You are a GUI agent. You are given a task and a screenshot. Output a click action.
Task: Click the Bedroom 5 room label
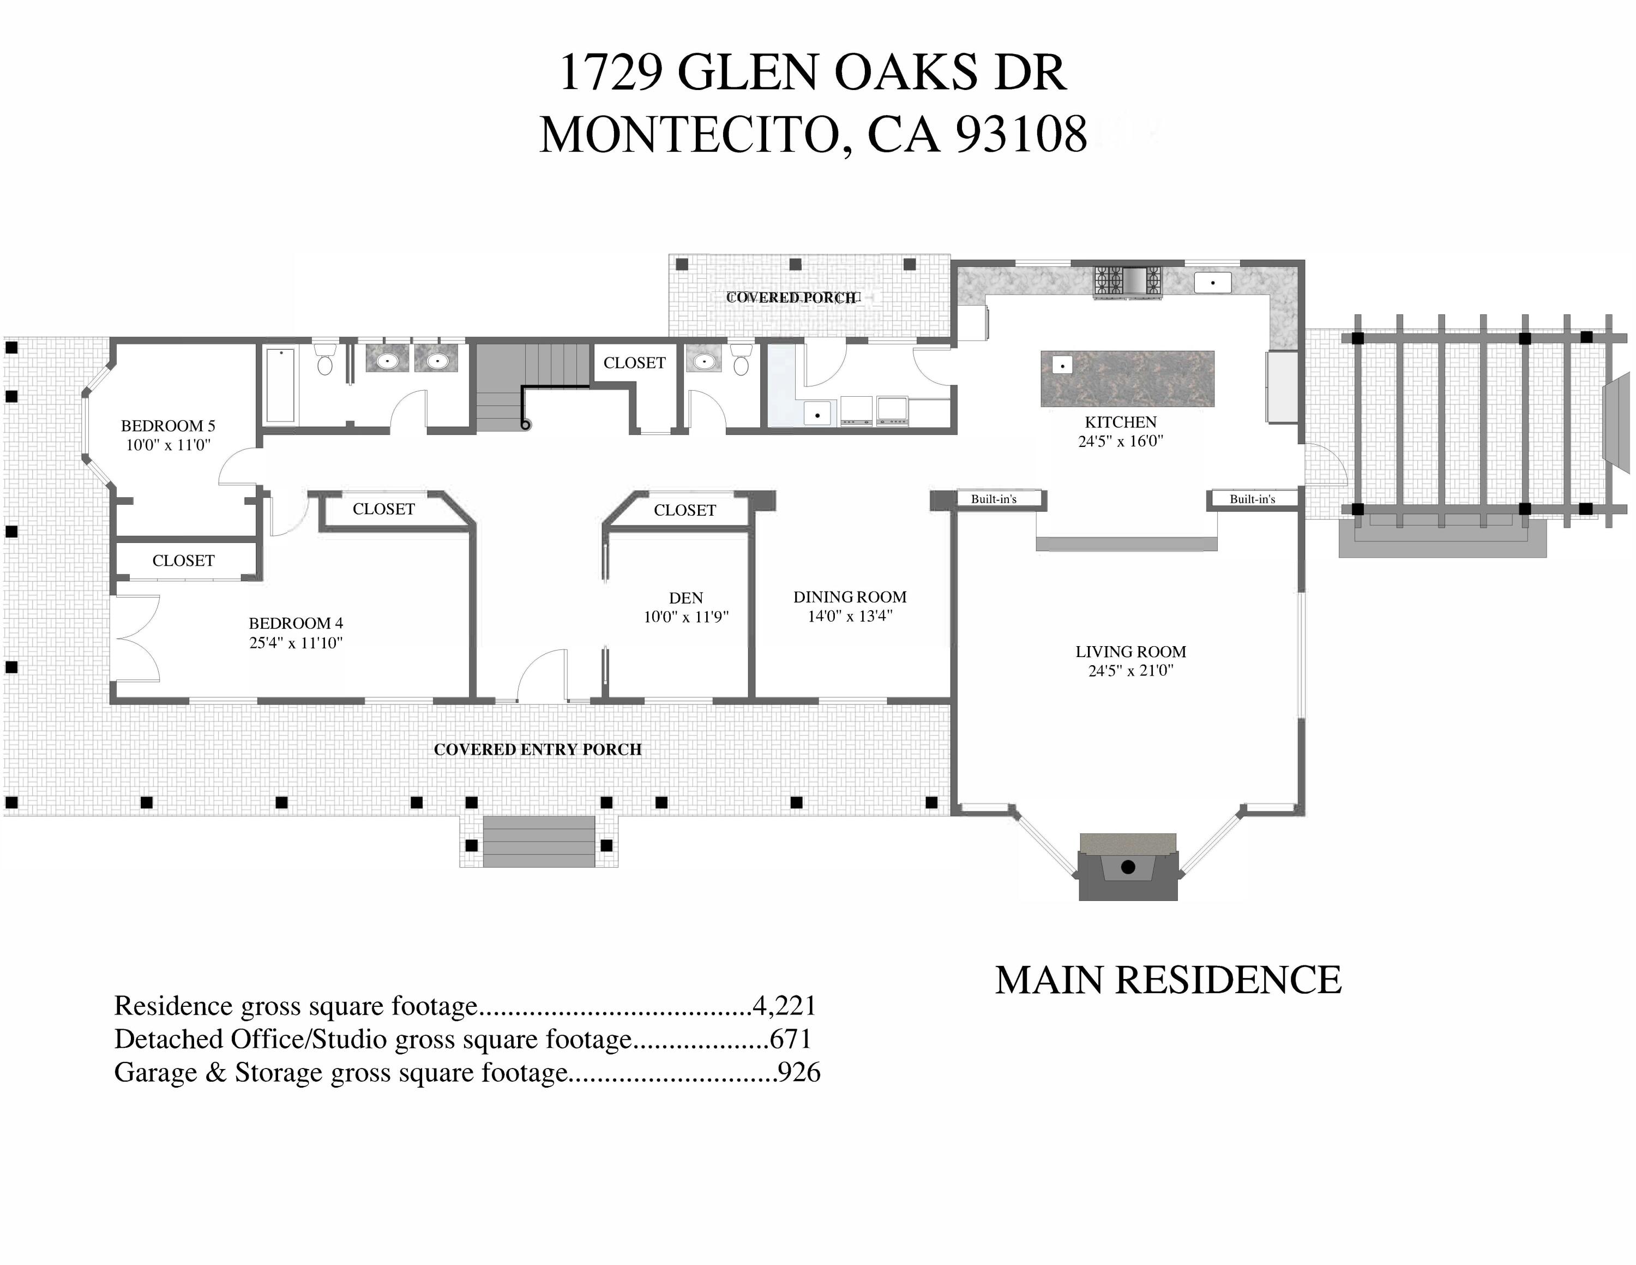(168, 426)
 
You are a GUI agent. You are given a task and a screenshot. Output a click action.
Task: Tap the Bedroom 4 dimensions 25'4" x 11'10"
(296, 642)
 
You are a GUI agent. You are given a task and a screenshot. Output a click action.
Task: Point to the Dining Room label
(850, 596)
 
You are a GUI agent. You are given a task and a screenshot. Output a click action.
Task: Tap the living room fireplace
(1127, 867)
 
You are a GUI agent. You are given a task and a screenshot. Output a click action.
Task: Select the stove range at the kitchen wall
(1127, 282)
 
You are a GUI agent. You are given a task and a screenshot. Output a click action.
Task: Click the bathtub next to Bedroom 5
(280, 384)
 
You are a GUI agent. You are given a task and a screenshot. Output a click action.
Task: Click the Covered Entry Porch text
(537, 749)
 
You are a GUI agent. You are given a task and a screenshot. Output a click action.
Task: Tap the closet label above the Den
(684, 510)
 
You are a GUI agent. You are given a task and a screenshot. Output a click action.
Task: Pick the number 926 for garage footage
(799, 1072)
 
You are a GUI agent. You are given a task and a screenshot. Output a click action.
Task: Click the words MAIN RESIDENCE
(1168, 980)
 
